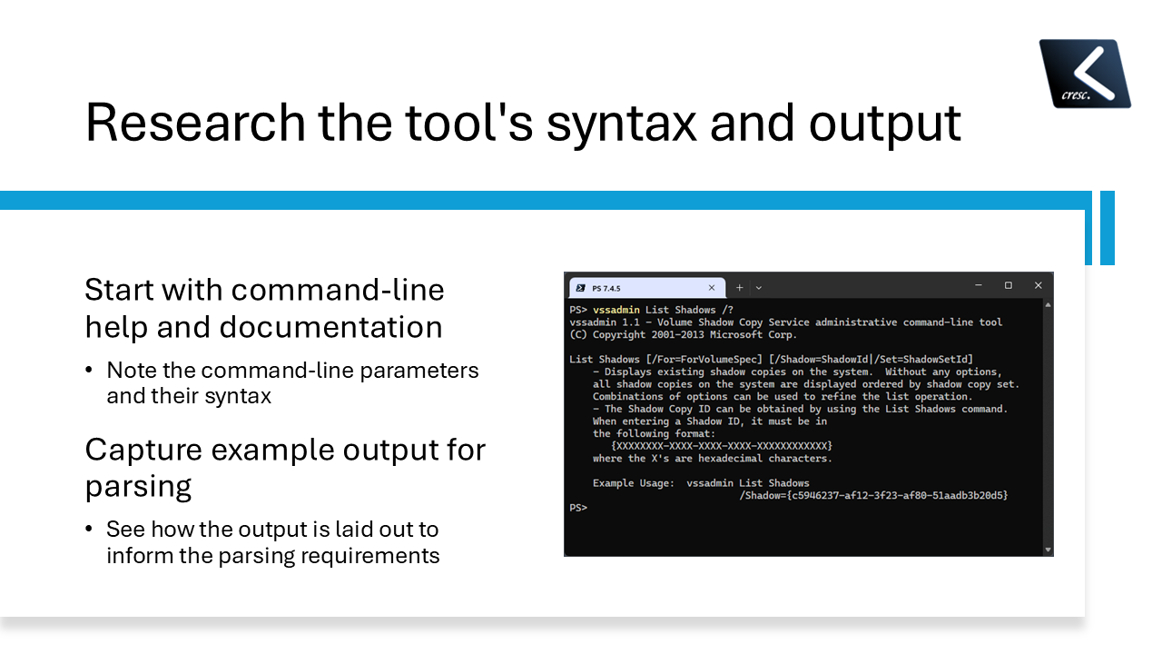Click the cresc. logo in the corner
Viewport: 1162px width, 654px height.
click(1085, 73)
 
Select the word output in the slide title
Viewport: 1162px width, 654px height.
click(884, 123)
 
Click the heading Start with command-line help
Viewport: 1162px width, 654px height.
click(264, 290)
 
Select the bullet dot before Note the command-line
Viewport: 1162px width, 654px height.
click(89, 371)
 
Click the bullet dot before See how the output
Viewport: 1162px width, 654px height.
click(89, 529)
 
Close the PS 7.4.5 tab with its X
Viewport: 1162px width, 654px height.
click(712, 287)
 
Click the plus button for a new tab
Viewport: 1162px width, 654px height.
click(739, 287)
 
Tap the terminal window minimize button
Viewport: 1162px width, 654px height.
click(979, 285)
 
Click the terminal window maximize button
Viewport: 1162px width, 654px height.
click(1008, 285)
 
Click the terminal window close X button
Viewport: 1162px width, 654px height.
click(1038, 285)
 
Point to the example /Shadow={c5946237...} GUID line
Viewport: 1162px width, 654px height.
click(873, 495)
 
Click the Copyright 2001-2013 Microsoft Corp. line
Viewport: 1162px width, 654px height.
click(683, 334)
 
